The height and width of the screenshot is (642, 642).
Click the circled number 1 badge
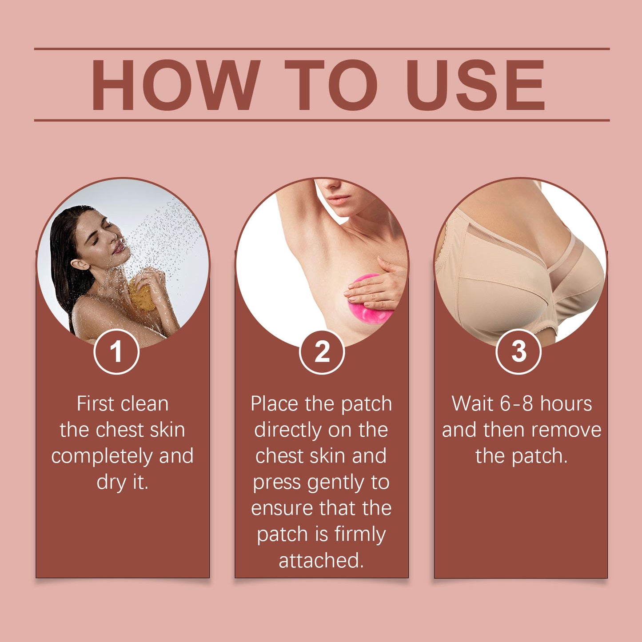coord(116,352)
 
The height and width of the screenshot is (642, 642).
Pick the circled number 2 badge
coord(322,352)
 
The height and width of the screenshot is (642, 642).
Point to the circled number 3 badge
coord(518,352)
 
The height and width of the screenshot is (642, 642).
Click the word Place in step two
coord(275,404)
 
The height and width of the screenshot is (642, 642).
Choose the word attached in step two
coord(321,561)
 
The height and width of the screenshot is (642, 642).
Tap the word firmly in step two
coord(360,534)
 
